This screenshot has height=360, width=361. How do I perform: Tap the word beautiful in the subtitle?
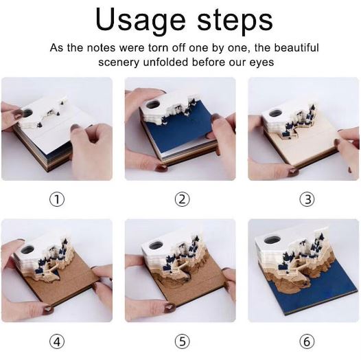tap(296, 47)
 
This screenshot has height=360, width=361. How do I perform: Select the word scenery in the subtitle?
tap(119, 63)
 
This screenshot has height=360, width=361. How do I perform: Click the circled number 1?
tap(57, 199)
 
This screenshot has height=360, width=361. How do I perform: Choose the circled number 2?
tap(182, 199)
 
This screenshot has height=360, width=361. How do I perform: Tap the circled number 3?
tap(307, 199)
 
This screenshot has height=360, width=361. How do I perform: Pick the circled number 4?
tap(57, 341)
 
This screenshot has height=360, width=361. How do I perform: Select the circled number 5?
tap(182, 341)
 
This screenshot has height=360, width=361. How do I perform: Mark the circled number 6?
tap(307, 341)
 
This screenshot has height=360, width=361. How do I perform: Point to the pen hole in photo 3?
tap(275, 113)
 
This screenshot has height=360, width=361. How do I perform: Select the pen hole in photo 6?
tap(272, 240)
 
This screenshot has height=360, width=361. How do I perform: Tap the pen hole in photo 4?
tap(28, 249)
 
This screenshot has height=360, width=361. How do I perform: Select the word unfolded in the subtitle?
tap(166, 63)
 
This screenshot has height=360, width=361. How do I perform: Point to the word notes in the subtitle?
tap(102, 48)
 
